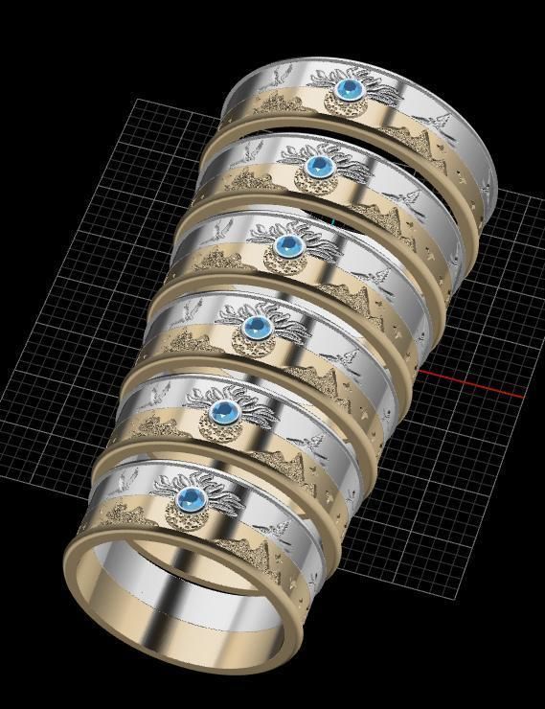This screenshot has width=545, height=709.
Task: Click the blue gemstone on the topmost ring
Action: pyautogui.click(x=349, y=91)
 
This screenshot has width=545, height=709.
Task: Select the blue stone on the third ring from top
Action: pyautogui.click(x=284, y=246)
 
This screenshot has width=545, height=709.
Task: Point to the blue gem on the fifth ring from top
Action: pyautogui.click(x=224, y=413)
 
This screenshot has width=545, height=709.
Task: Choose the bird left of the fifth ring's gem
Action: pyautogui.click(x=159, y=393)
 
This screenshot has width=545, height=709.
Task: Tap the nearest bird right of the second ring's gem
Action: pyautogui.click(x=413, y=198)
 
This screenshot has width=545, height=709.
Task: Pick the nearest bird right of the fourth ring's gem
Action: pyautogui.click(x=351, y=356)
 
